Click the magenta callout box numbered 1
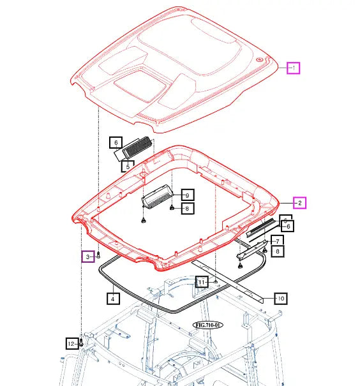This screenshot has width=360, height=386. pos(292,68)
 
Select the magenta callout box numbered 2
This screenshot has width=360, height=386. pos(300,203)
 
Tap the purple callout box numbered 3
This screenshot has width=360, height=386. pos(88,256)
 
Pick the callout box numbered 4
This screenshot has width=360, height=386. pos(112,298)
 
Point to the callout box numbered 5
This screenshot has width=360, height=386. pos(128,166)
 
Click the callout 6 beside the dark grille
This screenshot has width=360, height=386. pos(116,143)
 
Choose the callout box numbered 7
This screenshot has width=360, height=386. pos(277,241)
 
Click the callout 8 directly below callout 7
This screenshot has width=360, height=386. pos(277,252)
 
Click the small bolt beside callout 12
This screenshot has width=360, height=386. pos(82,344)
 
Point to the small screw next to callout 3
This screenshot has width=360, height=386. pos(99,255)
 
